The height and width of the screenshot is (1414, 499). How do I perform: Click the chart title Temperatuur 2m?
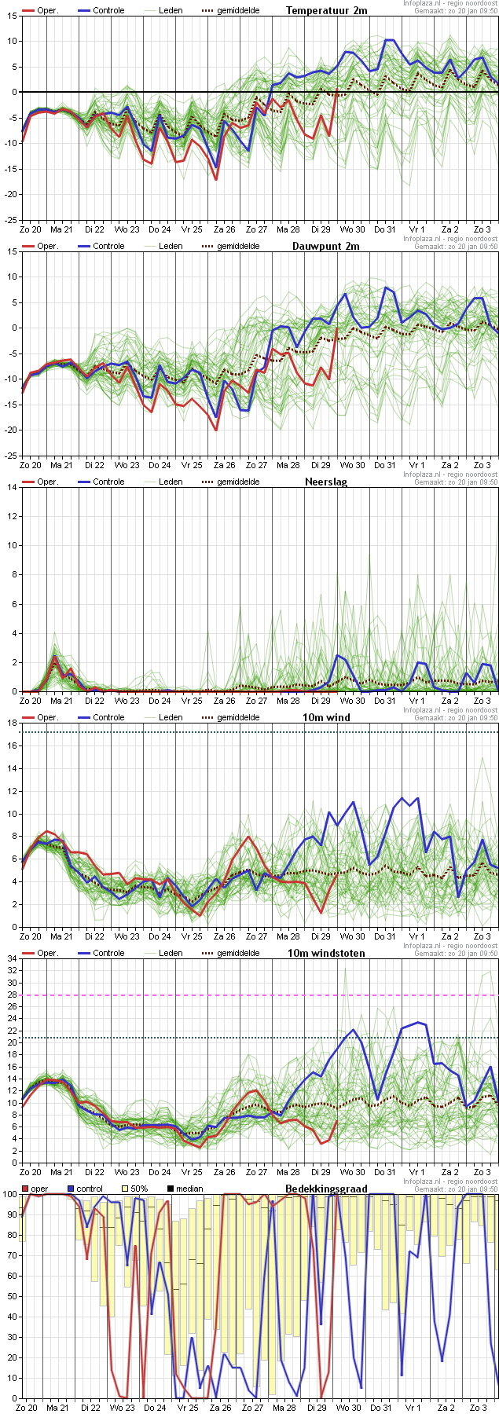click(326, 10)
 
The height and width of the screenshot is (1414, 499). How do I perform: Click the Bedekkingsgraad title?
click(326, 1189)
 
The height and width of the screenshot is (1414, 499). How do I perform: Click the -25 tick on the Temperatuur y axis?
click(12, 220)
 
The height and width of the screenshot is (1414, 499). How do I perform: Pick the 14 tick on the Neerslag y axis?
click(12, 487)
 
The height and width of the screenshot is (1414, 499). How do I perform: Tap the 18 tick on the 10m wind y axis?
click(12, 723)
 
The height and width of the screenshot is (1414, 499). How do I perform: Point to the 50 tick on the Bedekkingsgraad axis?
click(10, 1296)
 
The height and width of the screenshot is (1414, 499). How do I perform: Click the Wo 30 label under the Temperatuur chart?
click(352, 229)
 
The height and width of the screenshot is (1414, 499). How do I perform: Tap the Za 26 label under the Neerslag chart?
click(224, 700)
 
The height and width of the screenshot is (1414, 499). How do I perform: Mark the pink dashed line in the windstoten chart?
click(259, 995)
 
